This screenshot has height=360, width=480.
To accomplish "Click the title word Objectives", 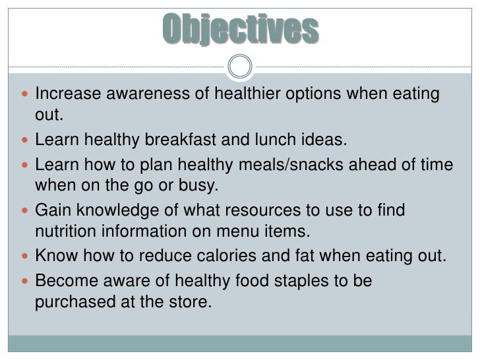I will [x=240, y=29].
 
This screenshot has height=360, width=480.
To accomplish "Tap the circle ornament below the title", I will [x=240, y=66].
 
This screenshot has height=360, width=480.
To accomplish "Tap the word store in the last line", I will [x=193, y=303].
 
